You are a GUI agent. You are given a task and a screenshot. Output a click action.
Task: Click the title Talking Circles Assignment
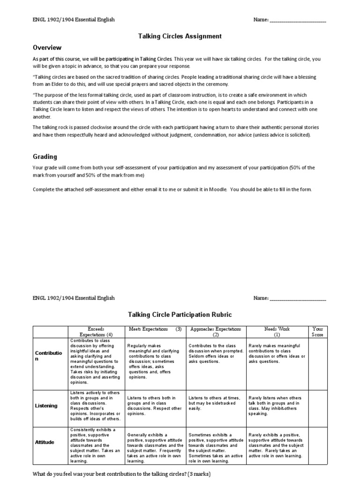[x=180, y=36]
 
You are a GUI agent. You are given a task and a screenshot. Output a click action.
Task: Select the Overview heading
[x=47, y=48]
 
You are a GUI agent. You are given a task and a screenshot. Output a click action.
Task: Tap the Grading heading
[x=45, y=157]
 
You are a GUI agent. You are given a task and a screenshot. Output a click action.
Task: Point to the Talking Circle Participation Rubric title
[x=180, y=315]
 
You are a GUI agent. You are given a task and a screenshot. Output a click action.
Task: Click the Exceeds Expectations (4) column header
[x=96, y=332]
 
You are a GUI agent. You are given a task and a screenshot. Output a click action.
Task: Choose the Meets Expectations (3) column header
[x=155, y=329]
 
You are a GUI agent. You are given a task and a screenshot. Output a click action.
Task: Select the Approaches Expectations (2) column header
[x=216, y=332]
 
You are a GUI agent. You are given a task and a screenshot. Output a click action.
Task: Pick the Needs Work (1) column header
[x=277, y=332]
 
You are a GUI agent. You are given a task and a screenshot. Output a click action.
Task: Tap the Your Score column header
[x=317, y=332]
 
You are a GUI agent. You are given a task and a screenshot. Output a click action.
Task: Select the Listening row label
[x=46, y=405]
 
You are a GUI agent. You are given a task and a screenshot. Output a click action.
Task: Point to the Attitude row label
[x=45, y=442]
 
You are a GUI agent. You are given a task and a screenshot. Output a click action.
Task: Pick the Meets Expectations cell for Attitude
[x=155, y=445]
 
